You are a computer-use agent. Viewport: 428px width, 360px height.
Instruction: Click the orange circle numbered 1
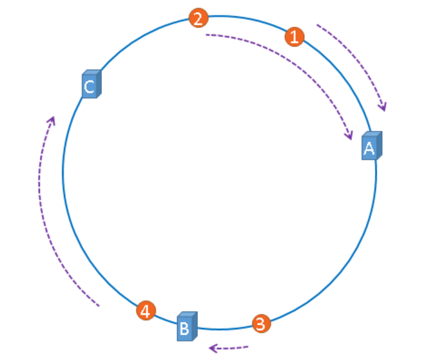(x=294, y=37)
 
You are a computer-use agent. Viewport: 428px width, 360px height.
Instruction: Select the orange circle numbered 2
(x=198, y=18)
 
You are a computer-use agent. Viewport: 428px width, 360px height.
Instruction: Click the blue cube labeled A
(x=371, y=146)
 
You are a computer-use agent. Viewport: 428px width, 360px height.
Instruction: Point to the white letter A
(x=369, y=148)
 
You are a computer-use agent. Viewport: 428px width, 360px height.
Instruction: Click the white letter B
(x=185, y=329)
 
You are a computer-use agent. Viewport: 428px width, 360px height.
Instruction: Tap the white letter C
(x=89, y=87)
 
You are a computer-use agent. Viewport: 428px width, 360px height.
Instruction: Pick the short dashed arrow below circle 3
(x=229, y=347)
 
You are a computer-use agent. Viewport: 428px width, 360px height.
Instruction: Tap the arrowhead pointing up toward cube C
(x=52, y=120)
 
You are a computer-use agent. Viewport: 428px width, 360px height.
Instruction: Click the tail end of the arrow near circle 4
(x=98, y=306)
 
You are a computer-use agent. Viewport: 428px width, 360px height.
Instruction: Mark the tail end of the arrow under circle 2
(x=207, y=35)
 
